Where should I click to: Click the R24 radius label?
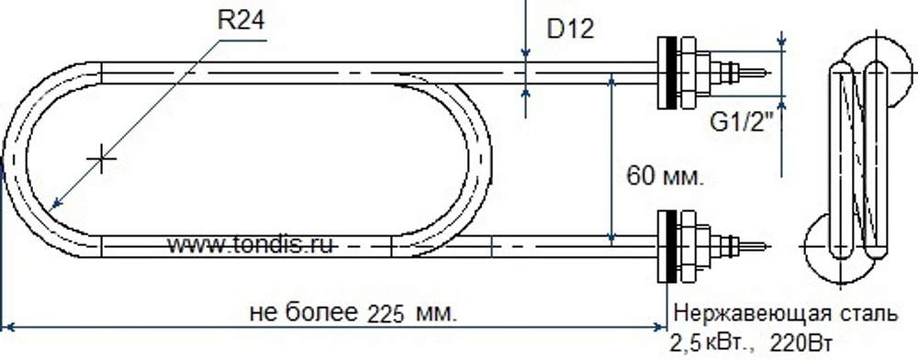pyautogui.click(x=241, y=20)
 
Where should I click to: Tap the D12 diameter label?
pyautogui.click(x=572, y=28)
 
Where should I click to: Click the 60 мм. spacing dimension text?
pyautogui.click(x=664, y=174)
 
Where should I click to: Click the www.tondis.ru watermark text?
pyautogui.click(x=250, y=245)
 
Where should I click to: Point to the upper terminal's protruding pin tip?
pyautogui.click(x=764, y=71)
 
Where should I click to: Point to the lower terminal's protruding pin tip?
pyautogui.click(x=764, y=245)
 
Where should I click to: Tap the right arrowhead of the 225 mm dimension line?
pyautogui.click(x=659, y=326)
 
